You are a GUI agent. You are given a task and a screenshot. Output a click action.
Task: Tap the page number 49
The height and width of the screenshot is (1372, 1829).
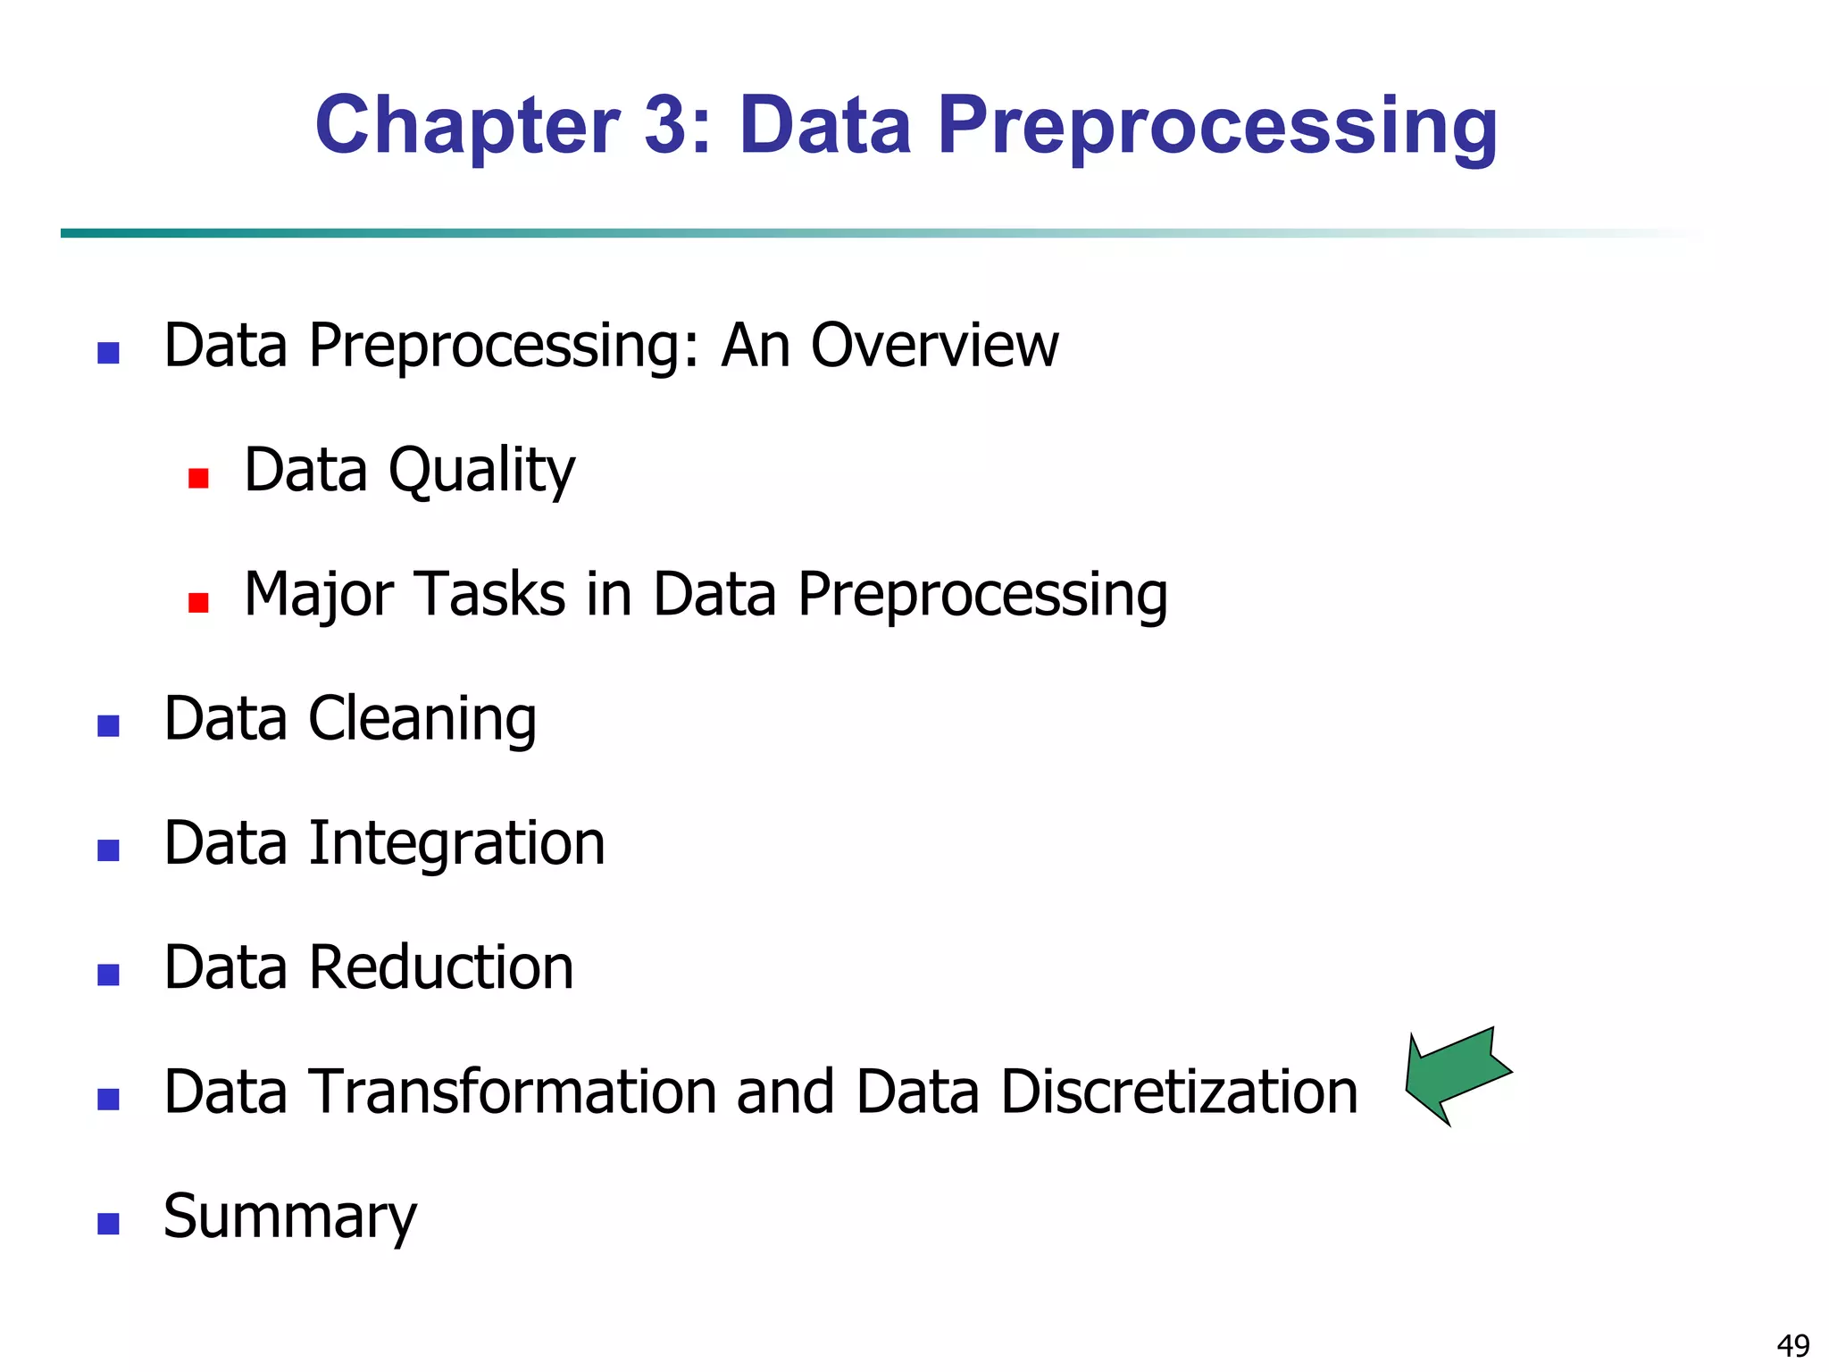point(1793,1345)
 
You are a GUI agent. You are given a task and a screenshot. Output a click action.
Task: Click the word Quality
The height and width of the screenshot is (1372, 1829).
point(481,471)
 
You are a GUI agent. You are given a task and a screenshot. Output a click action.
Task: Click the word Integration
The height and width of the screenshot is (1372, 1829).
point(456,843)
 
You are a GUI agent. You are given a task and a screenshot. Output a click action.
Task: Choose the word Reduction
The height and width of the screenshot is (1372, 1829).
point(440,967)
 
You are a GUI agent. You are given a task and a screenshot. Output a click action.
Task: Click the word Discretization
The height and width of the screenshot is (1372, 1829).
point(1179,1092)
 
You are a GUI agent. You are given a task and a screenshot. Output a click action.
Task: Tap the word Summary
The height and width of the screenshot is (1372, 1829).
point(290,1217)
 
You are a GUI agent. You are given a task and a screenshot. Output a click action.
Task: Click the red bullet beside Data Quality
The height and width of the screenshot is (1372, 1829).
point(198,479)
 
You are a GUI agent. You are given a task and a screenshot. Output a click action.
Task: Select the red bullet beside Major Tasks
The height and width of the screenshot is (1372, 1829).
point(198,603)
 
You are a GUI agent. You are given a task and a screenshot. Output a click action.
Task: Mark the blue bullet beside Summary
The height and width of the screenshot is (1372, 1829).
point(108,1224)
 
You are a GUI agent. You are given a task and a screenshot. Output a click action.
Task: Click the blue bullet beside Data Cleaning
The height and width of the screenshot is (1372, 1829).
point(108,726)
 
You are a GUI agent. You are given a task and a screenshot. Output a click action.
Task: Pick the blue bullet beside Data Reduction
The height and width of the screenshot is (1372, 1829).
point(108,975)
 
